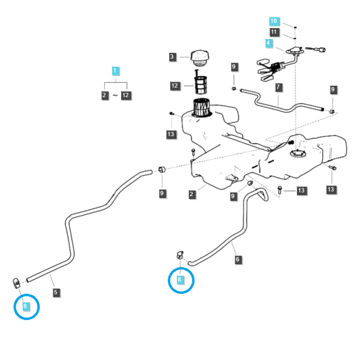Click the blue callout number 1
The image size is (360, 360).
point(115,71)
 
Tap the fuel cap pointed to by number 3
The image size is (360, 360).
point(200,58)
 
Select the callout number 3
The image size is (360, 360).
point(172,57)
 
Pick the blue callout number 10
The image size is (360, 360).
point(274,21)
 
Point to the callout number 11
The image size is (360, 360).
point(274,32)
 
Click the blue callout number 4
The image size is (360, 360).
point(269,43)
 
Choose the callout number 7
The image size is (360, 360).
point(278,87)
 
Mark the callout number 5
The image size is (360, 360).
point(56,293)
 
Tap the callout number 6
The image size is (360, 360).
point(238,260)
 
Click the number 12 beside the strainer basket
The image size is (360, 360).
point(175,86)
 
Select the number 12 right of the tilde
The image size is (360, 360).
point(126,95)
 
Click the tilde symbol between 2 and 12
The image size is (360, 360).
point(115,95)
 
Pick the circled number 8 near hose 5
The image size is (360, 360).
point(26,306)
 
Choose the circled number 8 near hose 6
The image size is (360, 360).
point(180,280)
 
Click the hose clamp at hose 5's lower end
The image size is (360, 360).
point(16,284)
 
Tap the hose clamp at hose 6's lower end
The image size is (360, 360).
point(180,256)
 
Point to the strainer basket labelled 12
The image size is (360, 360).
point(200,85)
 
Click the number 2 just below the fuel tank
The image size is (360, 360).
point(192,194)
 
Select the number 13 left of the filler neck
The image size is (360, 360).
point(171,134)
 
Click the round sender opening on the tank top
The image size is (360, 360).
point(298,153)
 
